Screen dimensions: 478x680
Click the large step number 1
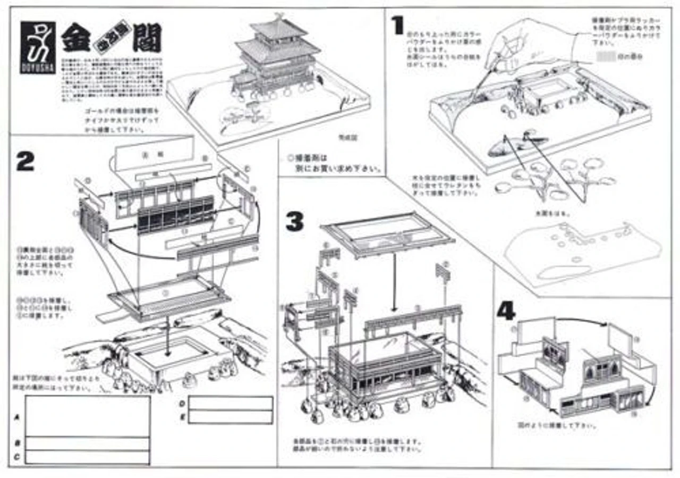(x=397, y=26)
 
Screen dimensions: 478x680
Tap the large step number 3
(x=295, y=222)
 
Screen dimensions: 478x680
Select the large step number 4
(x=505, y=312)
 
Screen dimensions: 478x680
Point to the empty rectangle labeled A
(x=88, y=416)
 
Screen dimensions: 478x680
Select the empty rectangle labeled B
(x=88, y=443)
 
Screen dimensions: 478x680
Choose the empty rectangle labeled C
(x=88, y=457)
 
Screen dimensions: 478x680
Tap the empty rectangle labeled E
(x=231, y=416)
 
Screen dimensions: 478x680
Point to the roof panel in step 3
(x=388, y=234)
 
